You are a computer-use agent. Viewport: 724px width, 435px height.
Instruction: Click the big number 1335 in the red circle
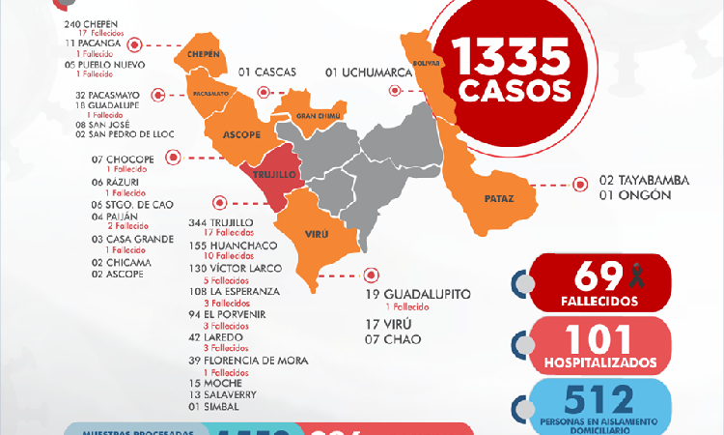tap(514, 60)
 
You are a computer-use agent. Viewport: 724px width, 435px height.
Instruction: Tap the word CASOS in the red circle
tap(514, 91)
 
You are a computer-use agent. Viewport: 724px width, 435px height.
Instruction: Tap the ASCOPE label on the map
tap(241, 134)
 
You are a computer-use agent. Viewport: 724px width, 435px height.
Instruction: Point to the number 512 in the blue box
tap(590, 398)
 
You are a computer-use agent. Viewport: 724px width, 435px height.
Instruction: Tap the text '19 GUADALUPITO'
tap(417, 293)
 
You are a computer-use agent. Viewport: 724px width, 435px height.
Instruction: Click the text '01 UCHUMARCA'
tap(372, 72)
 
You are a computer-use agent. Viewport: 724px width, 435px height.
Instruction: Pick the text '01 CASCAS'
tap(267, 72)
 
